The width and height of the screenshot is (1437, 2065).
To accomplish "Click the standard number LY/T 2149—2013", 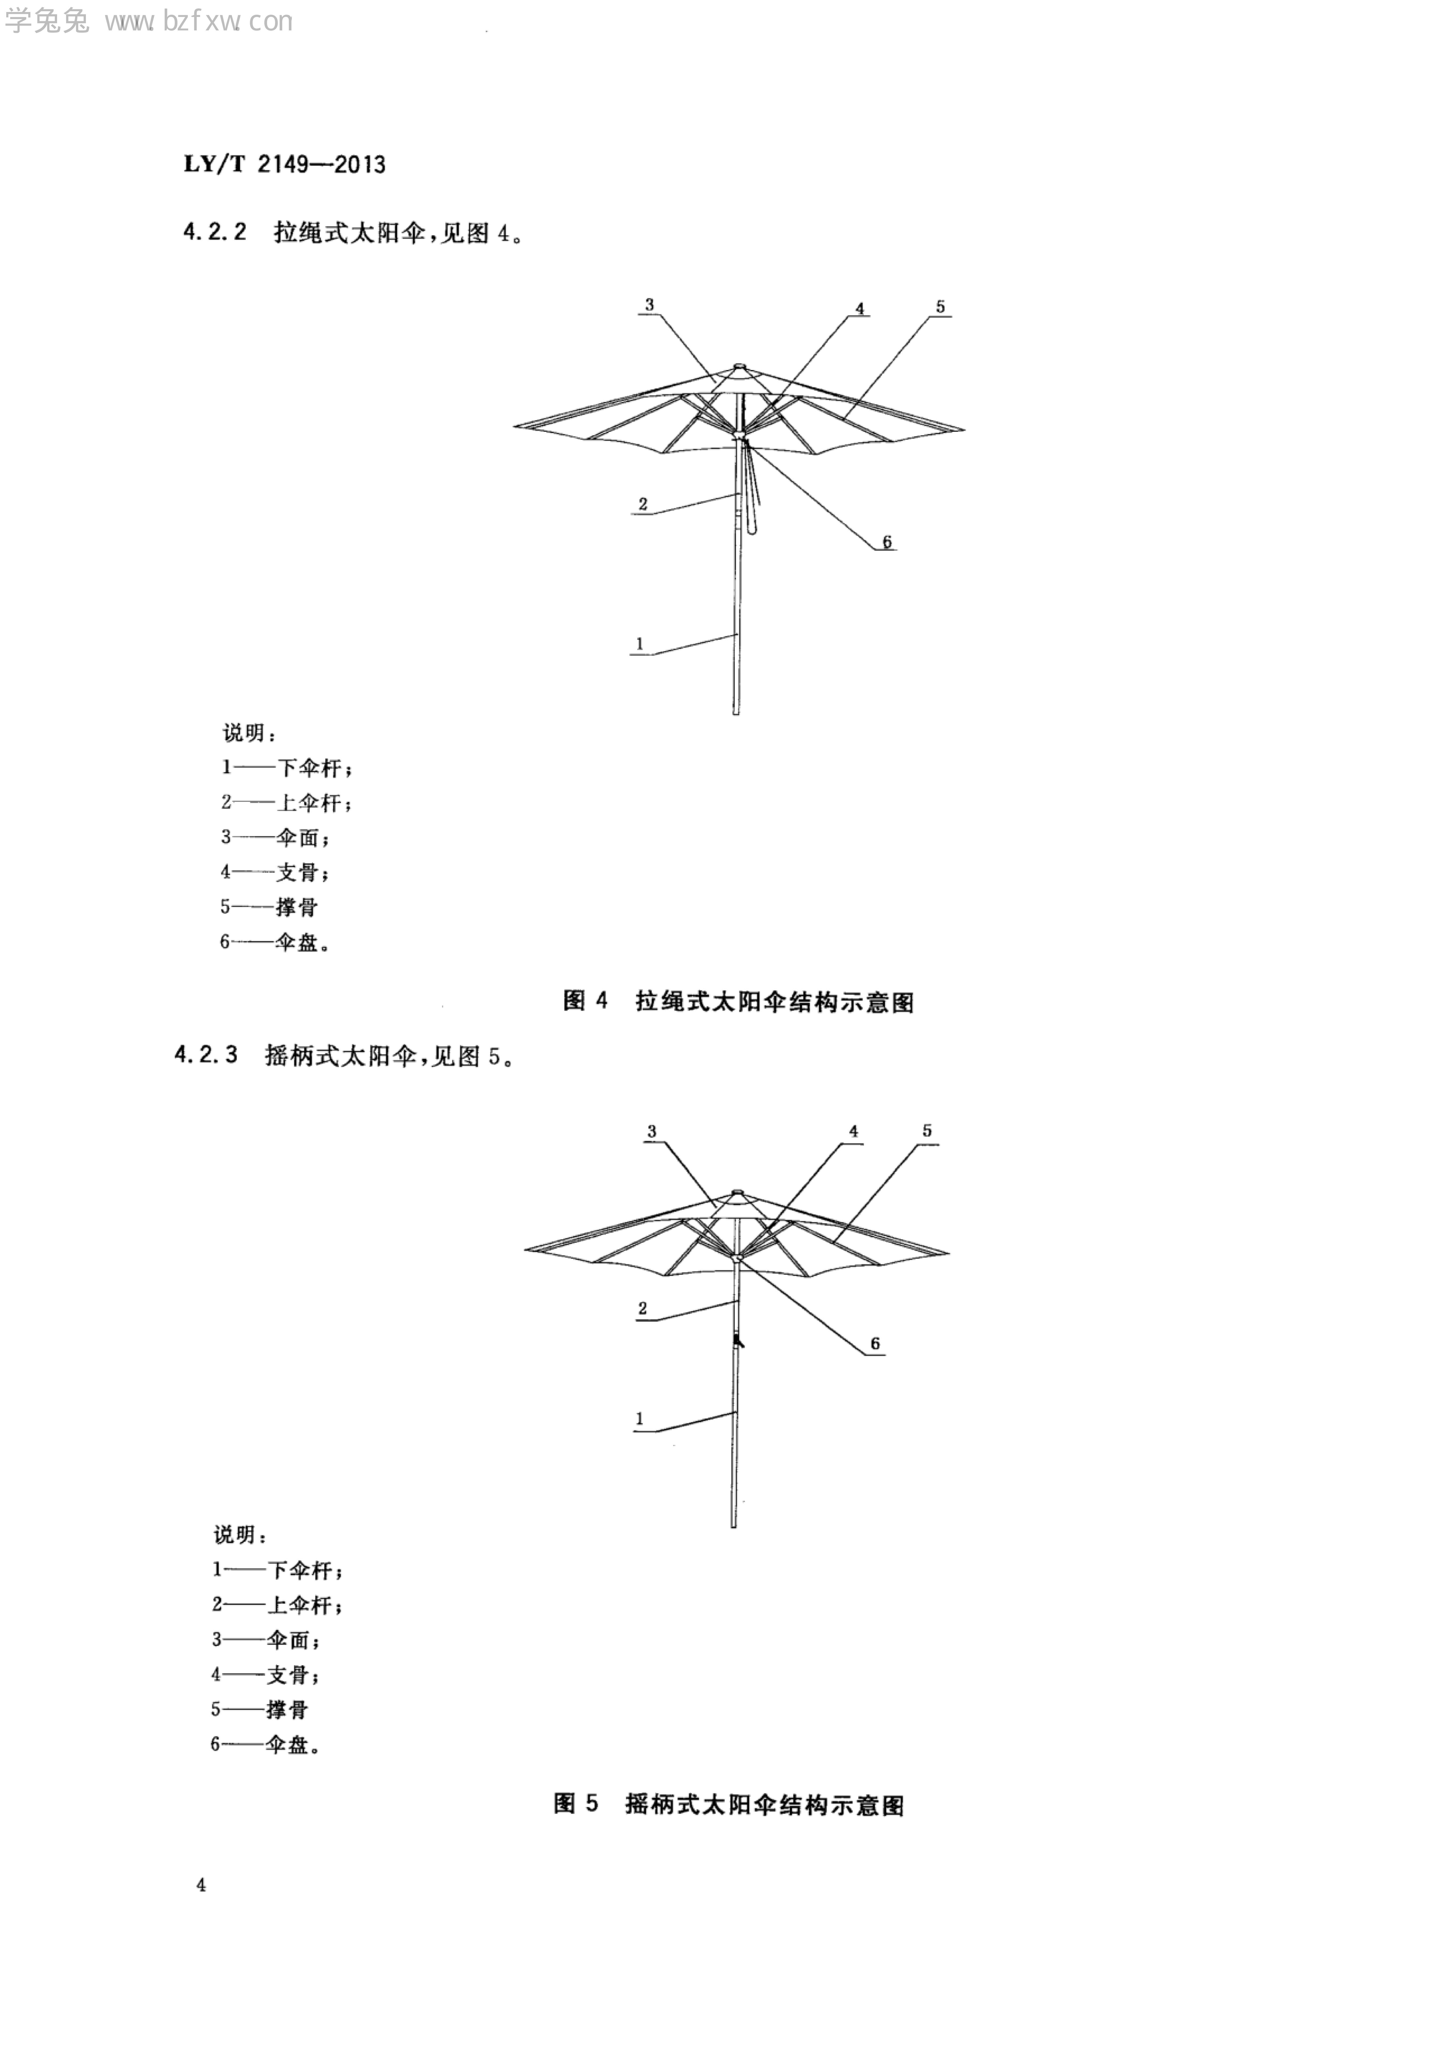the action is (x=284, y=165).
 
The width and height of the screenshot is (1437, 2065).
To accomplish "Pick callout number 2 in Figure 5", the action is (x=642, y=1308).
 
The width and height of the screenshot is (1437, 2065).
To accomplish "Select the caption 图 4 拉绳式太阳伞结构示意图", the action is (x=737, y=1001).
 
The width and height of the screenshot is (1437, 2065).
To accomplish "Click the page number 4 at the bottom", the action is (x=201, y=1885).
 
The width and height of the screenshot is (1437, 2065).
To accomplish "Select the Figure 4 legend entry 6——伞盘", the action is (x=274, y=942).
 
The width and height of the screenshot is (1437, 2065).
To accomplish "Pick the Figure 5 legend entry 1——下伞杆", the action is (x=277, y=1569).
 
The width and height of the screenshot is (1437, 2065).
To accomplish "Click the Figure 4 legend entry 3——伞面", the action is (x=274, y=837).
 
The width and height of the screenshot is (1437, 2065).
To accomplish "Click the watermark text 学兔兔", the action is (x=47, y=22).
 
